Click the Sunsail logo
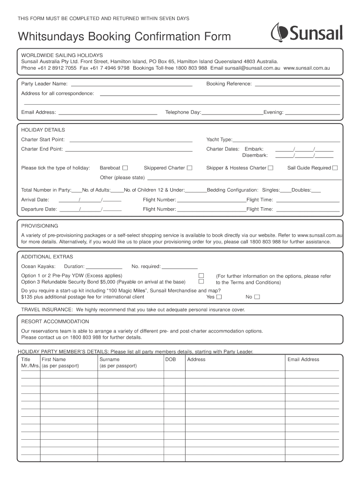[307, 33]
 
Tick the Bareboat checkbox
[125, 168]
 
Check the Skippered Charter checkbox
[189, 168]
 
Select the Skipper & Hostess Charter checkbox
[270, 168]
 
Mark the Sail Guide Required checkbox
[335, 168]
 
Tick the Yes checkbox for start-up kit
[219, 297]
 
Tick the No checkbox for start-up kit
[257, 297]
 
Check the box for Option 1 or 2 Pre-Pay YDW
[202, 276]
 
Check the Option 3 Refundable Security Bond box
[202, 282]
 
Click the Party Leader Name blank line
[131, 84]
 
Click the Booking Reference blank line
[296, 84]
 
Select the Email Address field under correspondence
[107, 112]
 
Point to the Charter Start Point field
[131, 140]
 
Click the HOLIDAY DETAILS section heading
[43, 130]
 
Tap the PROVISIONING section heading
[40, 225]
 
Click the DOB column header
[171, 359]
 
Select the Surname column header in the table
[109, 359]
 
